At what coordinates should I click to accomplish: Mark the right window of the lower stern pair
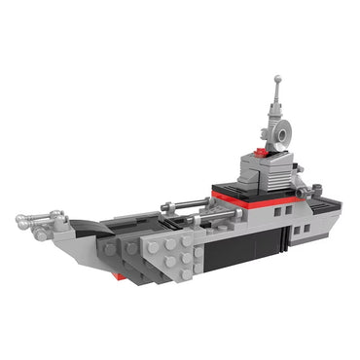click(307, 230)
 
